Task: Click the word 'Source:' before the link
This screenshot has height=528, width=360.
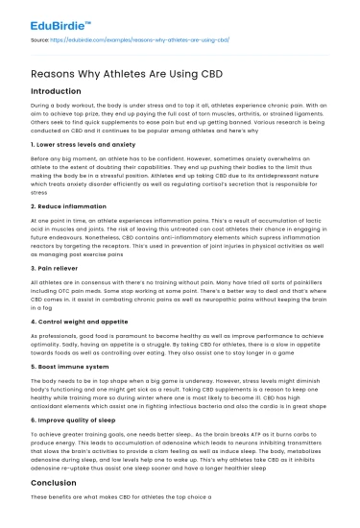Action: point(42,41)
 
